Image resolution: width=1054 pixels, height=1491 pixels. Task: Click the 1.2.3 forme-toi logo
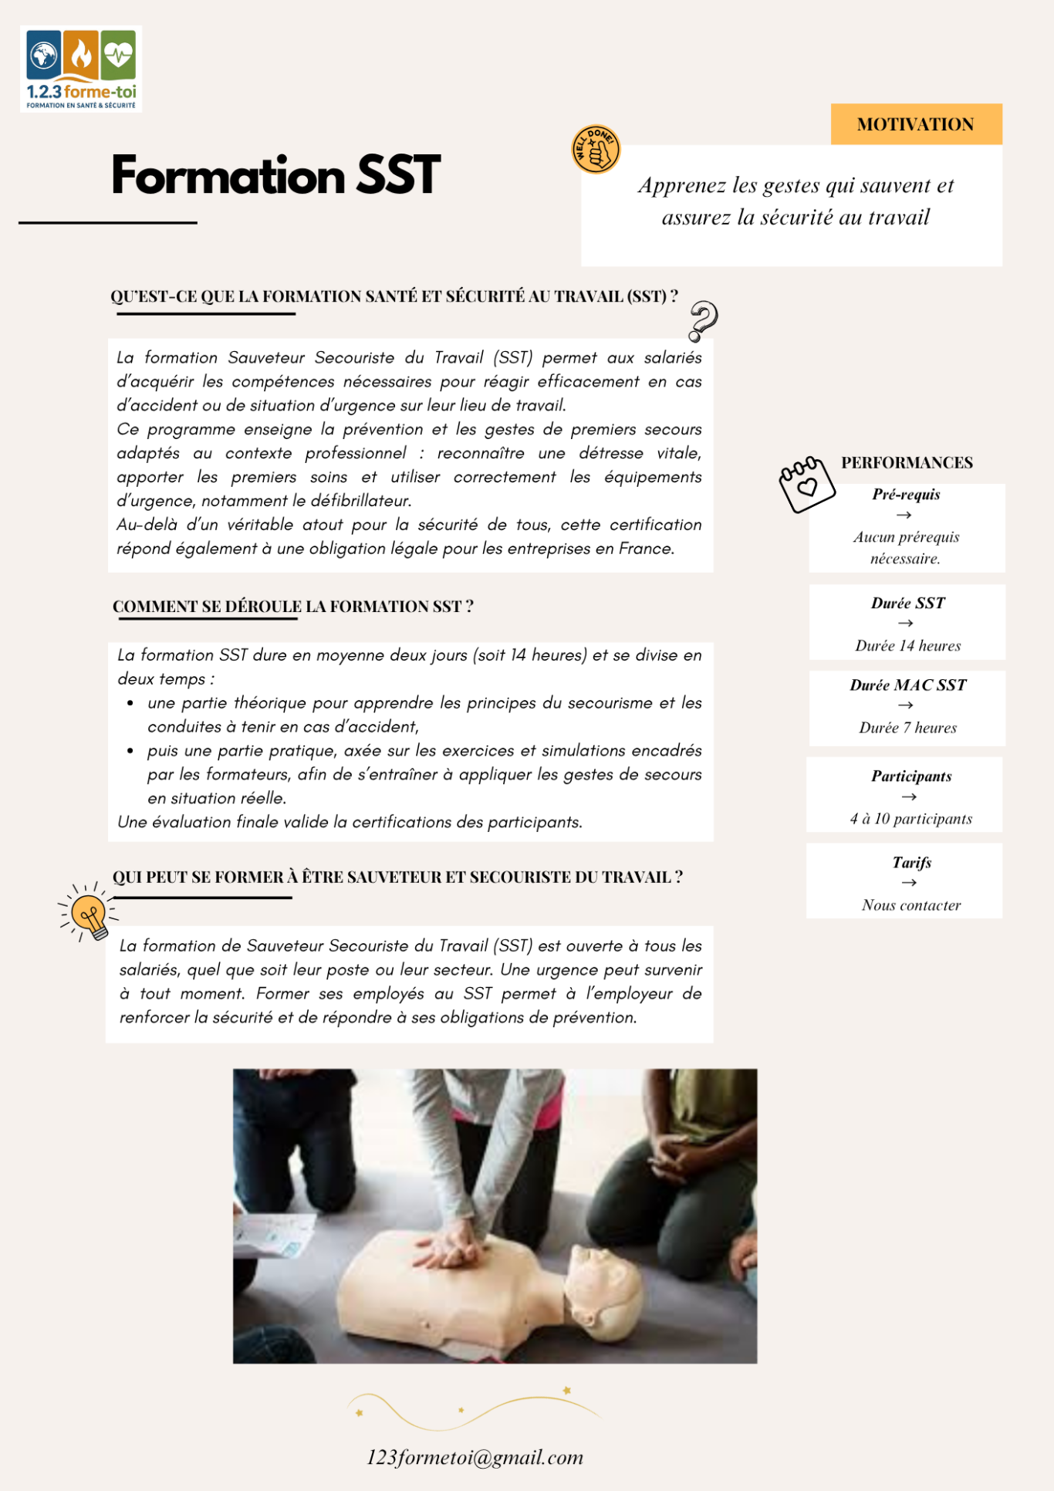click(x=81, y=69)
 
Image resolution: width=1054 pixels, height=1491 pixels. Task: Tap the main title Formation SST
click(x=275, y=175)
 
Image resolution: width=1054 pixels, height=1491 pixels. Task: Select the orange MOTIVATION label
click(x=916, y=124)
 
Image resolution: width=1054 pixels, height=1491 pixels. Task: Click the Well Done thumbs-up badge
click(x=596, y=149)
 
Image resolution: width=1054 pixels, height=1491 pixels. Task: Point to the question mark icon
click(x=702, y=320)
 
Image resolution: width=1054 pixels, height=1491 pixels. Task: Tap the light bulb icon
click(x=90, y=916)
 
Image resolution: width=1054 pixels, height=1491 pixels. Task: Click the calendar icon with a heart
click(x=806, y=484)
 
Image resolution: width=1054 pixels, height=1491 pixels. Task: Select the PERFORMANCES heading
click(x=907, y=462)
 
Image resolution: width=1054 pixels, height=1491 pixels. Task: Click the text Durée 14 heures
click(x=907, y=646)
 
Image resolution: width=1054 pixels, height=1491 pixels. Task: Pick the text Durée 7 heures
click(x=907, y=728)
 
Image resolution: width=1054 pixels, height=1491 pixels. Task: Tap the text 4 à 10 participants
click(x=910, y=819)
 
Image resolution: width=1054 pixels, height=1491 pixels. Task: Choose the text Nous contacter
click(x=911, y=905)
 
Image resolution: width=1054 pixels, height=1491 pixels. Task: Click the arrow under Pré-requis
click(x=904, y=515)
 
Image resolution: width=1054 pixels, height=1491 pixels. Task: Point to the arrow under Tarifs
click(x=910, y=882)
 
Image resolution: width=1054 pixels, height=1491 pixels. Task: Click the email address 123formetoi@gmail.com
click(x=475, y=1457)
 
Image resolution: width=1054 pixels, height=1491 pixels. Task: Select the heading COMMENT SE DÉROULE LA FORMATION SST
click(x=292, y=607)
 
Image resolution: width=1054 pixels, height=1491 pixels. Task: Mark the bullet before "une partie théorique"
click(x=130, y=703)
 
